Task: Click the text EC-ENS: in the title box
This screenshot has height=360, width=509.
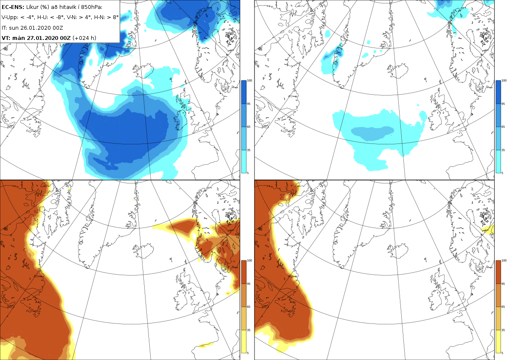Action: click(13, 7)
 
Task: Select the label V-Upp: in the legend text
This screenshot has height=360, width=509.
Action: click(9, 17)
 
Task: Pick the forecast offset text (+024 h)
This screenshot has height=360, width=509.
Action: click(84, 38)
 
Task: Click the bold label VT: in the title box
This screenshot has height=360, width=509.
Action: click(6, 38)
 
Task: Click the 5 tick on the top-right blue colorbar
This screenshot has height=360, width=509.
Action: click(503, 173)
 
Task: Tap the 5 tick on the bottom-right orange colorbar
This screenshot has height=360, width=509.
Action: click(503, 353)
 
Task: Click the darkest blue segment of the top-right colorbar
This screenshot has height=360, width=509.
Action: click(498, 92)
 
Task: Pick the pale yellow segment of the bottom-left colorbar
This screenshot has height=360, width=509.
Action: click(243, 341)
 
